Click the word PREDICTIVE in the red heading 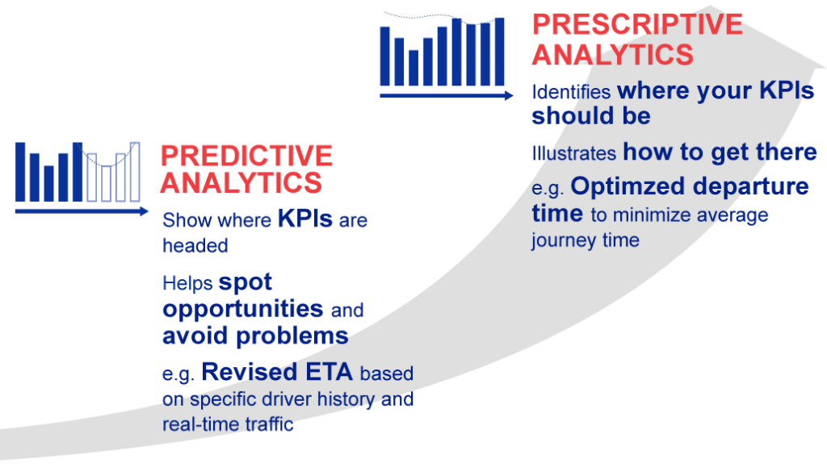246,155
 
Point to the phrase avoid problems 255,336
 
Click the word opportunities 242,308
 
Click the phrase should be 590,116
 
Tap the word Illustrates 573,152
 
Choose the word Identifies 570,92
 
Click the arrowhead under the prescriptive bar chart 508,95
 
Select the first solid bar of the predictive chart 20,172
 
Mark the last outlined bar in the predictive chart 134,172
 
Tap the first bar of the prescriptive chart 385,56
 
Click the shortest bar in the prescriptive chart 413,68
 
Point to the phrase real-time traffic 228,424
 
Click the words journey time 585,240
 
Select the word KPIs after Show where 304,219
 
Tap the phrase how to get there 720,152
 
